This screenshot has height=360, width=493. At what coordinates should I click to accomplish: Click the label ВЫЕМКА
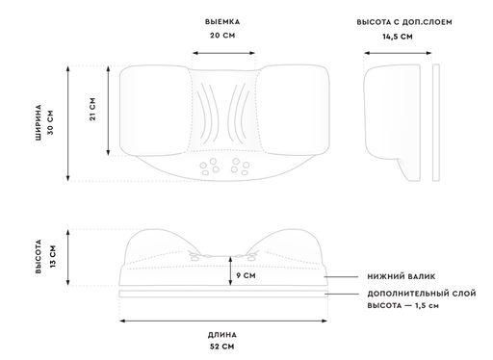pyautogui.click(x=222, y=21)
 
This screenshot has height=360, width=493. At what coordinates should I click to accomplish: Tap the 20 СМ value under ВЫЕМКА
pyautogui.click(x=222, y=37)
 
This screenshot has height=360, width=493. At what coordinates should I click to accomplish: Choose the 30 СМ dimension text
pyautogui.click(x=52, y=122)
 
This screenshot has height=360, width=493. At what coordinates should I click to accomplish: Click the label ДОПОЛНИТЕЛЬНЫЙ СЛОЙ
pyautogui.click(x=416, y=294)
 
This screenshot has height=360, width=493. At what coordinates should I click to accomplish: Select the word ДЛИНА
pyautogui.click(x=222, y=334)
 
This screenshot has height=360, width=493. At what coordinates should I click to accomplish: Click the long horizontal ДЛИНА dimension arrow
pyautogui.click(x=222, y=321)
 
